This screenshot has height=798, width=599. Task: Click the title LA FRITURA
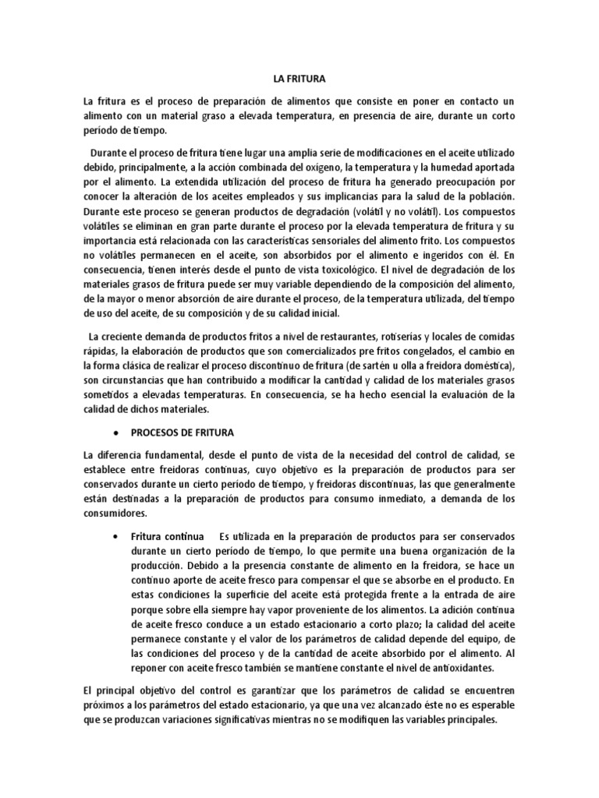point(299,79)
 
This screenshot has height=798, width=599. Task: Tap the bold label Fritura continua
point(167,537)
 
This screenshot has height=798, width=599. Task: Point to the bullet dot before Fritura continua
point(115,538)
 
